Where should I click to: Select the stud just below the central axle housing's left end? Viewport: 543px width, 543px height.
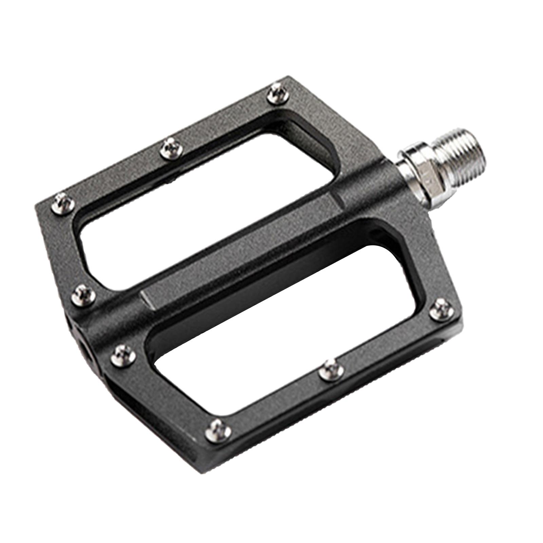(123, 355)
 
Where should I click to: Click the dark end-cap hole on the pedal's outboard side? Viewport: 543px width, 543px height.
(89, 353)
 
